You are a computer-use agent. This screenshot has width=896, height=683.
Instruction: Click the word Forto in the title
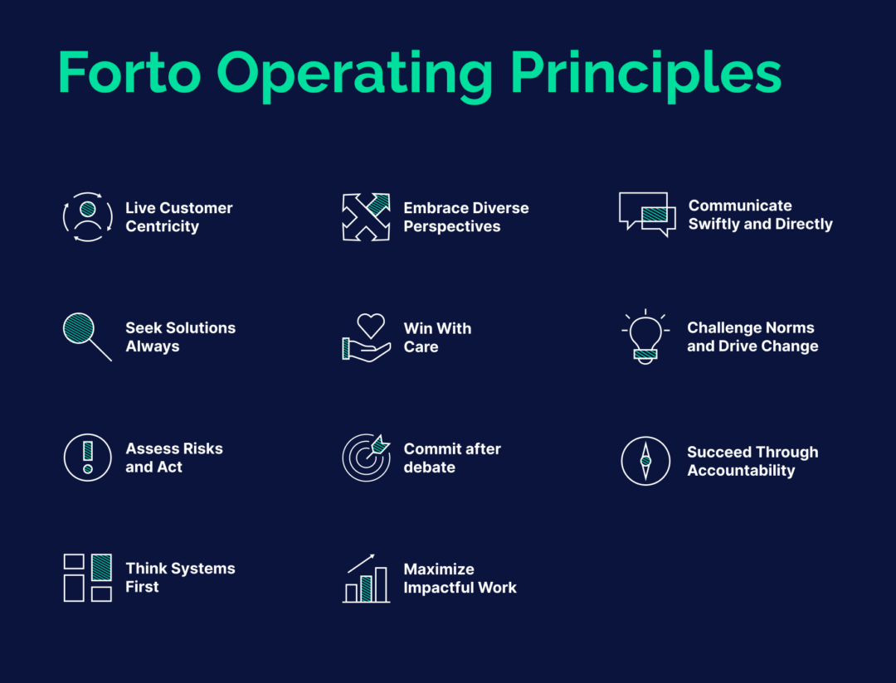click(x=129, y=73)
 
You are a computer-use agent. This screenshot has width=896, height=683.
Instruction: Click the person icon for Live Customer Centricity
click(x=87, y=216)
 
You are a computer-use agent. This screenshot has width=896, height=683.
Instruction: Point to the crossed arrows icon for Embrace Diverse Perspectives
click(x=366, y=217)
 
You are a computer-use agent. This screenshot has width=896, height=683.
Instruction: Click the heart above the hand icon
click(x=371, y=324)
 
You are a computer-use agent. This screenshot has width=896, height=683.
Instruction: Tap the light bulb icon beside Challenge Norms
click(x=645, y=337)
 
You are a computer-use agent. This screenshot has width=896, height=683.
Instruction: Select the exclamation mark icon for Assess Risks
click(x=87, y=458)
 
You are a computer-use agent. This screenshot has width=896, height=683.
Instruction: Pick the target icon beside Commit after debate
click(x=366, y=458)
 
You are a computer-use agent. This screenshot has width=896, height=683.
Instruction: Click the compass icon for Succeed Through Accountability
click(x=645, y=461)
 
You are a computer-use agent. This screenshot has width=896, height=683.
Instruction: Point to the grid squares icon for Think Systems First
click(x=87, y=577)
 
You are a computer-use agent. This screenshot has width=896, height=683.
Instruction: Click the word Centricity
click(x=162, y=226)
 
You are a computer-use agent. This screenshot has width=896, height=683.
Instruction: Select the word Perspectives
click(x=451, y=226)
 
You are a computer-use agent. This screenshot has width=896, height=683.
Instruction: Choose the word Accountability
click(x=740, y=471)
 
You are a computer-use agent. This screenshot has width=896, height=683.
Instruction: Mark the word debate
click(x=429, y=467)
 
